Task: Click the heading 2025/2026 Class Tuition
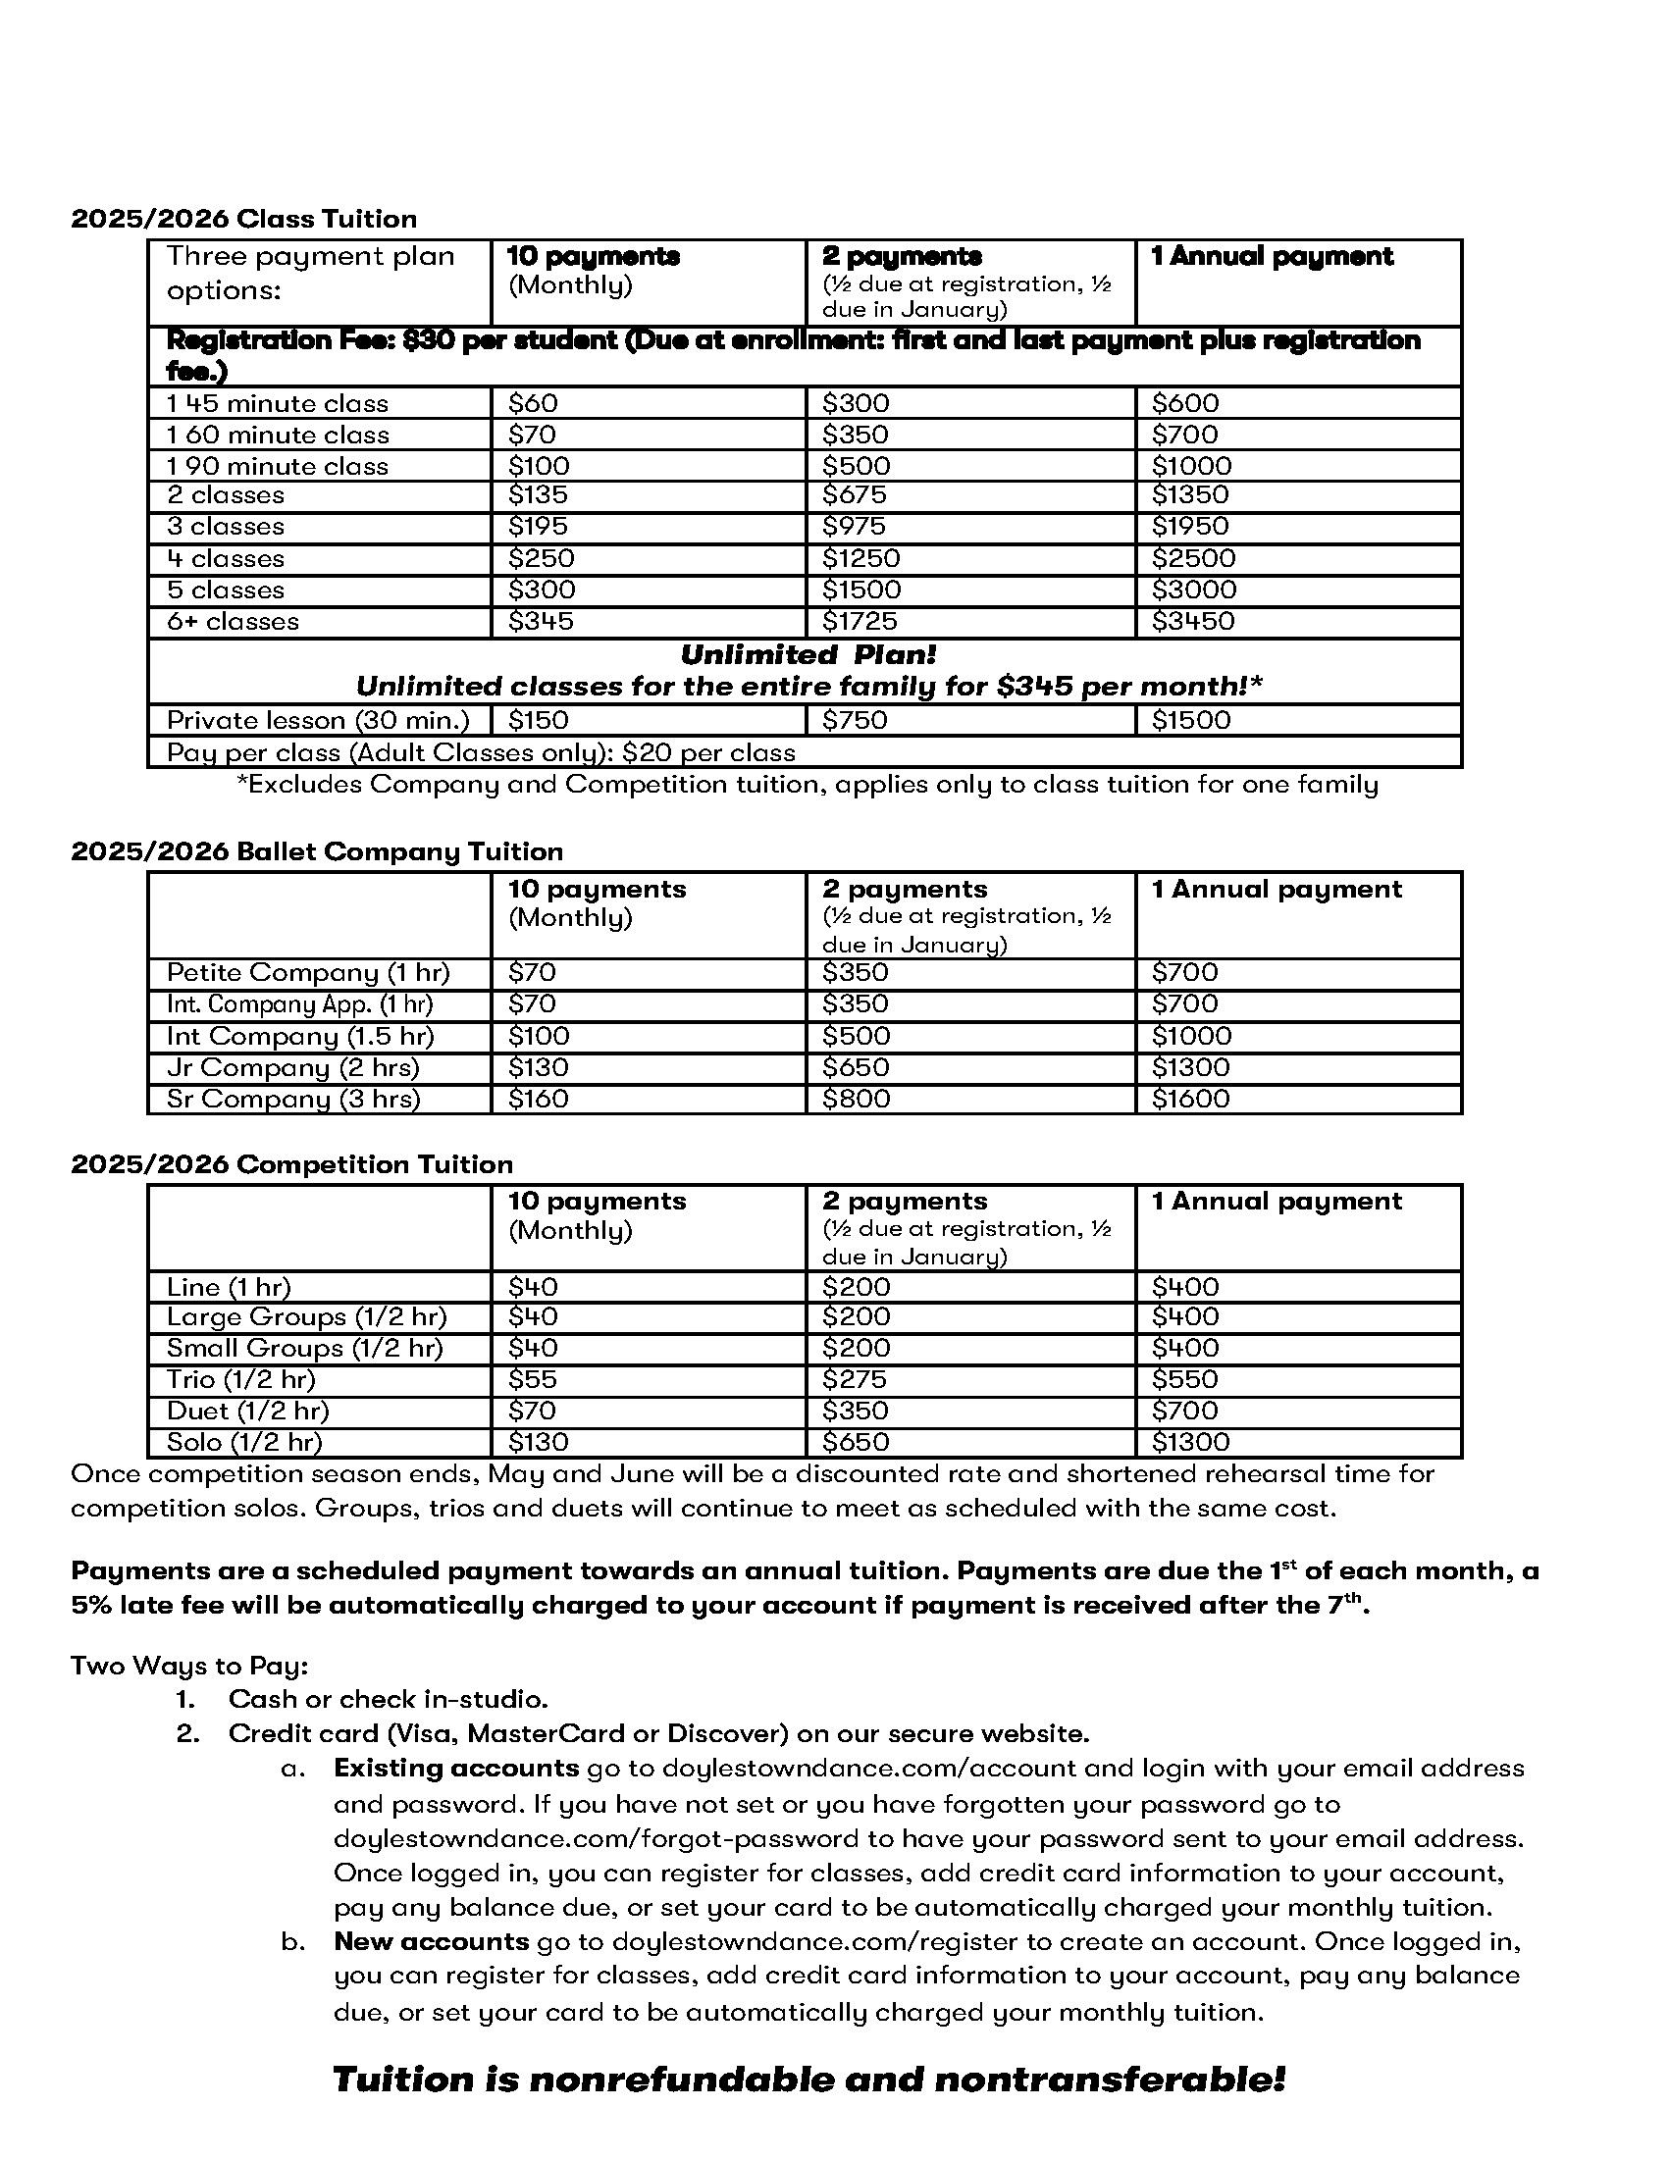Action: [243, 219]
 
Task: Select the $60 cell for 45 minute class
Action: [533, 403]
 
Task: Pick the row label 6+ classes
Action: [233, 622]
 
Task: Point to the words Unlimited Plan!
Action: [808, 655]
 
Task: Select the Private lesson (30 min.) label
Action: [317, 720]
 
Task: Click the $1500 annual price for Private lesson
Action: [1191, 720]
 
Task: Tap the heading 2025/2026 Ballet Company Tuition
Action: [316, 851]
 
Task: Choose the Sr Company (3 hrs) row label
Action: [292, 1099]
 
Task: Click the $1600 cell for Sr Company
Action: [1190, 1099]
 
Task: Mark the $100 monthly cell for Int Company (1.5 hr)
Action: [539, 1037]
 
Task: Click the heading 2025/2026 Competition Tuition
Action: [291, 1164]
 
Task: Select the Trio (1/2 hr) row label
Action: [240, 1379]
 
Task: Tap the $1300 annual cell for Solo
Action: [1190, 1442]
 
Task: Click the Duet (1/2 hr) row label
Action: [247, 1411]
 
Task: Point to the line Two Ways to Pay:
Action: [189, 1666]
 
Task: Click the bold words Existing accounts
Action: [455, 1768]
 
